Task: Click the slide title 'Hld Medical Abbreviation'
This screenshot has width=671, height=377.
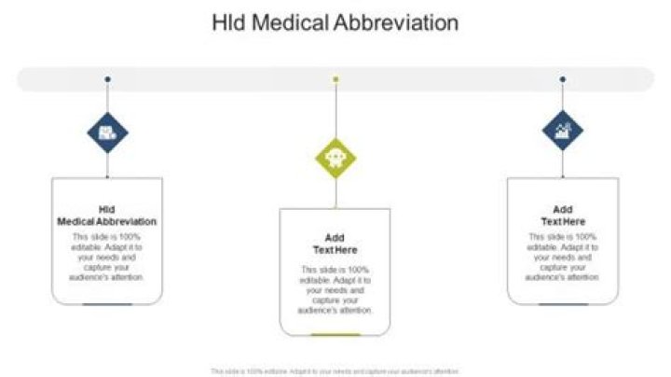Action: point(335,23)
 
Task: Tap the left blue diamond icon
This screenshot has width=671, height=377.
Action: point(107,132)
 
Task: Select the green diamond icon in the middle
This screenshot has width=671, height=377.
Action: point(335,156)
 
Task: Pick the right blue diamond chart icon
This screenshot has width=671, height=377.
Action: point(563,132)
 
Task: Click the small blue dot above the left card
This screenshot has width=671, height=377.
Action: point(107,79)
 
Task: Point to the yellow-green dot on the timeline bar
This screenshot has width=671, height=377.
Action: point(335,79)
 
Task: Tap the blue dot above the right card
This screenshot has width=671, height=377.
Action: point(563,79)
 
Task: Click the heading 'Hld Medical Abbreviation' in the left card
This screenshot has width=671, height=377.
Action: point(107,216)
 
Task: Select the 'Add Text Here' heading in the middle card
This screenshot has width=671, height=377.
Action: point(335,244)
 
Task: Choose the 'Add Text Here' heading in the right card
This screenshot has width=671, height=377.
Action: point(563,216)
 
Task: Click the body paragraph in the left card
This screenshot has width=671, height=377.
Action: point(107,257)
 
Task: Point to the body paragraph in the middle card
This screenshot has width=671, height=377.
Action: point(335,289)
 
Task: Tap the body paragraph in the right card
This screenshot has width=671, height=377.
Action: point(563,257)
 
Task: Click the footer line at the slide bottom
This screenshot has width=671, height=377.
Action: point(335,370)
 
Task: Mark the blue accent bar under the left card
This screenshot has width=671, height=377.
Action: point(107,304)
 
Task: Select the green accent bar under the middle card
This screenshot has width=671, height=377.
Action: point(335,334)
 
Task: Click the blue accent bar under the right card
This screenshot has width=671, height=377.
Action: point(563,304)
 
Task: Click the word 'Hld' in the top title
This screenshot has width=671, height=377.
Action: point(228,23)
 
